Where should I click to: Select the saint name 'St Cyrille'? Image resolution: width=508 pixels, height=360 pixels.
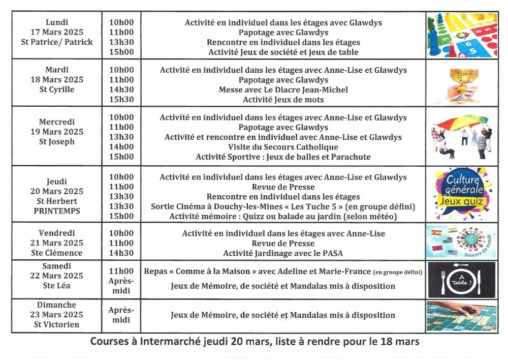pyautogui.click(x=56, y=89)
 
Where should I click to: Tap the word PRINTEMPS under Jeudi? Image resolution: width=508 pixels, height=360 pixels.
pyautogui.click(x=56, y=211)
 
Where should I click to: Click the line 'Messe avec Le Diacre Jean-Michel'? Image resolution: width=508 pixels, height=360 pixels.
pyautogui.click(x=283, y=89)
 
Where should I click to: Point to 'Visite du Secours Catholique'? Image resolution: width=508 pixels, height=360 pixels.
pyautogui.click(x=283, y=147)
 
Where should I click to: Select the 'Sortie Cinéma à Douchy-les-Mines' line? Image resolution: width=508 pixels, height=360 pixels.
pyautogui.click(x=283, y=206)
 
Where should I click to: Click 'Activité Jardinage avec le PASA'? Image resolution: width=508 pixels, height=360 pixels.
pyautogui.click(x=283, y=253)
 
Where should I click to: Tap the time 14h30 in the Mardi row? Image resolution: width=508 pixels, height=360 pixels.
pyautogui.click(x=121, y=89)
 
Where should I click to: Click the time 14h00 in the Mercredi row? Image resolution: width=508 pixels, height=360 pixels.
pyautogui.click(x=121, y=147)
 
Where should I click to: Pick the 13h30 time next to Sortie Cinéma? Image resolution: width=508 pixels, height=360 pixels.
pyautogui.click(x=121, y=206)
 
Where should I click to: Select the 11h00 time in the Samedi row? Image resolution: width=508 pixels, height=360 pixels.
pyautogui.click(x=121, y=272)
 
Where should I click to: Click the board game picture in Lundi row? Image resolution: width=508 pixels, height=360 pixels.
pyautogui.click(x=455, y=35)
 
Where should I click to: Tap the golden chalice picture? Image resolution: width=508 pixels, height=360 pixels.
pyautogui.click(x=455, y=83)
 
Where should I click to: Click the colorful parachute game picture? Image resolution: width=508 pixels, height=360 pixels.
pyautogui.click(x=455, y=136)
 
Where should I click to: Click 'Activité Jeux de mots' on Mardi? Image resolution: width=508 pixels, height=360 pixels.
pyautogui.click(x=283, y=100)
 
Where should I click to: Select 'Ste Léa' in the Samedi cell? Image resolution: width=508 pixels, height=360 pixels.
pyautogui.click(x=56, y=286)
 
